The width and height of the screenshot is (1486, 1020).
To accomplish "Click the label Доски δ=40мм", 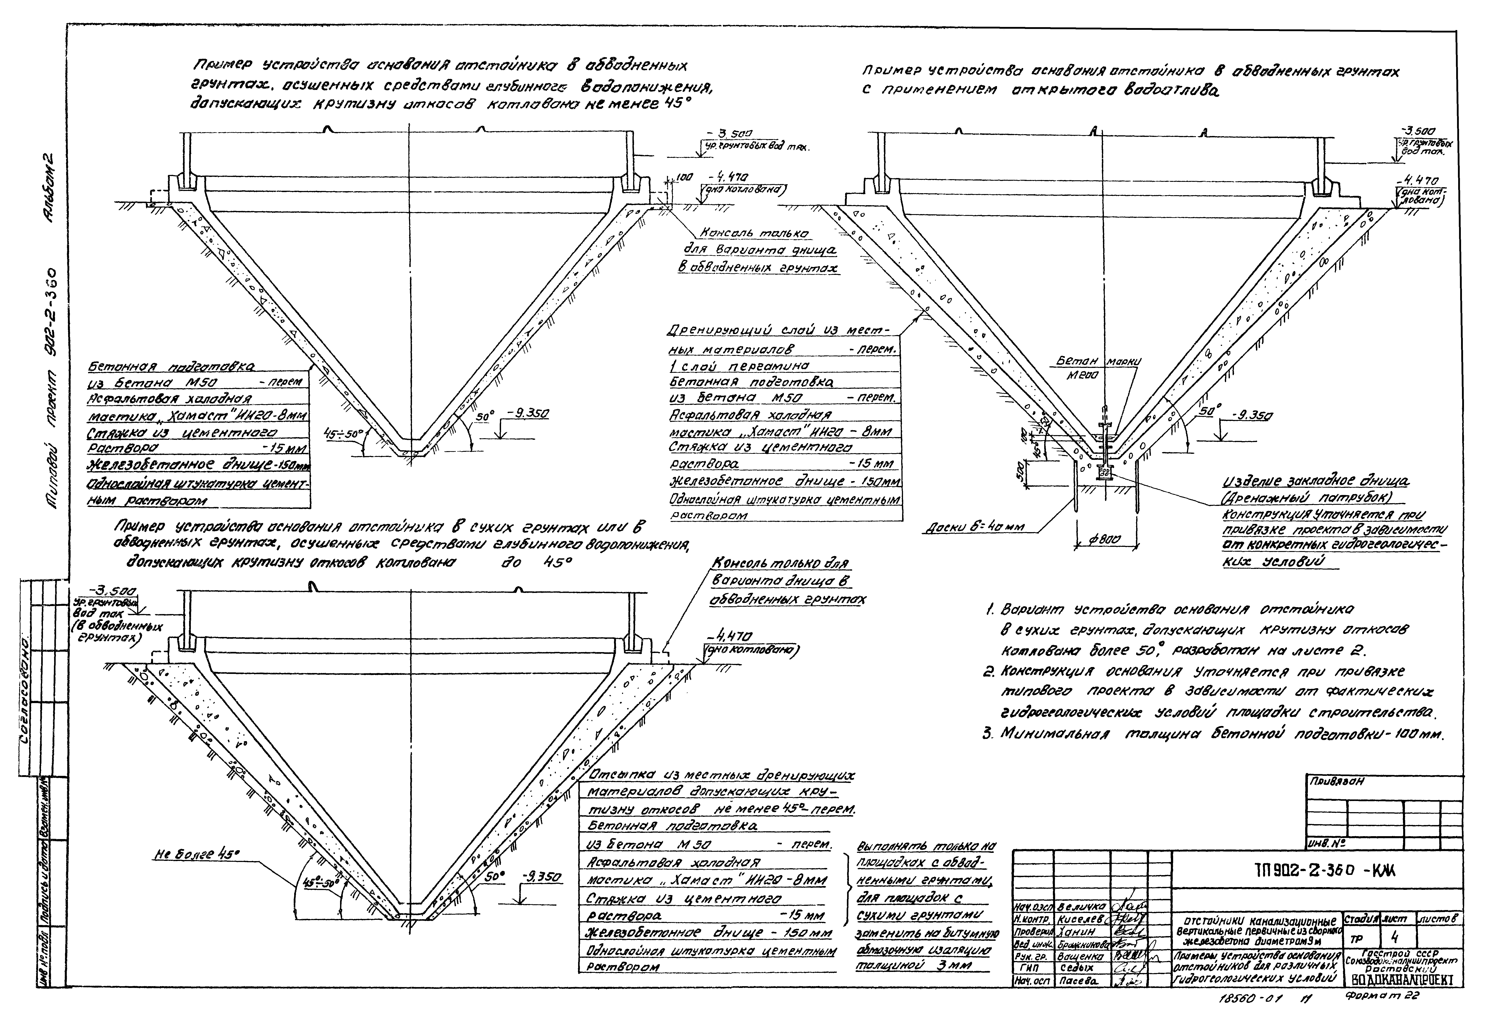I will (x=974, y=528).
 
